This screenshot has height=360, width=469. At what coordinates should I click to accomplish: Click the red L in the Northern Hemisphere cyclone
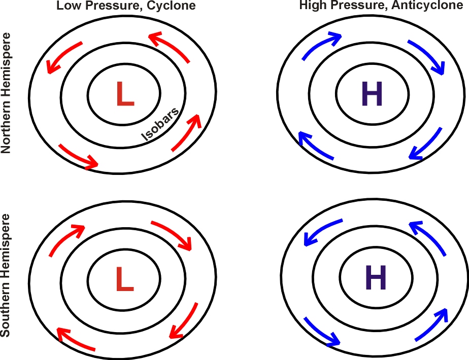pos(125,93)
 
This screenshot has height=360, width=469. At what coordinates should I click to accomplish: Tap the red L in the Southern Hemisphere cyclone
pos(125,279)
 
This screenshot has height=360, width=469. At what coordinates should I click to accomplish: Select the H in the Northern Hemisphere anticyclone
pos(372,93)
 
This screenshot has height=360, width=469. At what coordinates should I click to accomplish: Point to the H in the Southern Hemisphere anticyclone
pos(376,277)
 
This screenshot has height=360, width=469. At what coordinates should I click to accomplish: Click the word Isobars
pos(160,124)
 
